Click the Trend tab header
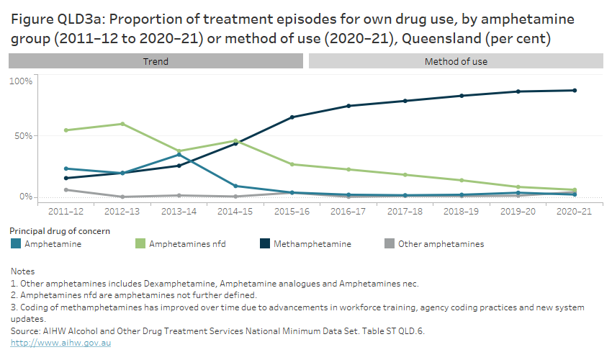156,61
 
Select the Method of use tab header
456,61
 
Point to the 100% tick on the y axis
21,81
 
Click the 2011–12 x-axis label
66,212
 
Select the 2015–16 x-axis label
292,212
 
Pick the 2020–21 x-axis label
574,212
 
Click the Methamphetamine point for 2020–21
575,90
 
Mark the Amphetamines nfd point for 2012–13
122,124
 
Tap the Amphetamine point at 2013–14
179,155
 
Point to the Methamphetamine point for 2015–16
292,117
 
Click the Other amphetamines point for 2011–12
66,190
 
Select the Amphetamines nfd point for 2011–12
66,130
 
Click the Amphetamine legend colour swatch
15,244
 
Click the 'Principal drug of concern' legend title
60,230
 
